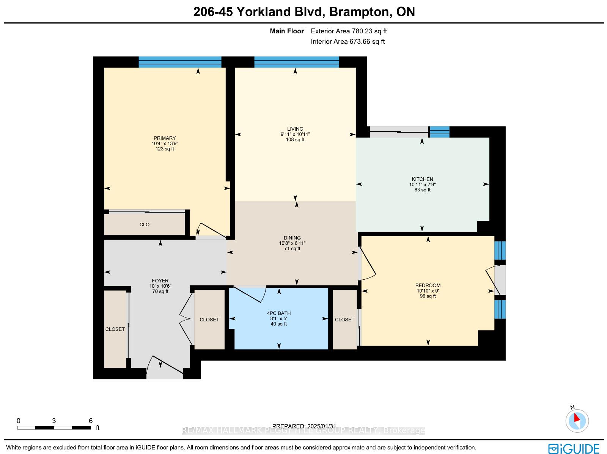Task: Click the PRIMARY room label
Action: [x=165, y=138]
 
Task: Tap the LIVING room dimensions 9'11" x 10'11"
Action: [x=295, y=134]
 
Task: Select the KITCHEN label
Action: [x=422, y=179]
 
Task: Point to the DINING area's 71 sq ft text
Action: [x=292, y=249]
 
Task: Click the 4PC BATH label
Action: [x=278, y=313]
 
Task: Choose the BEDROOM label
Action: [x=428, y=285]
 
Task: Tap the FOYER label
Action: [x=160, y=280]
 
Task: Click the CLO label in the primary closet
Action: [x=145, y=224]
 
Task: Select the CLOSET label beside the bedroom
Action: [x=344, y=319]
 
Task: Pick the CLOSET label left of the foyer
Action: [x=115, y=329]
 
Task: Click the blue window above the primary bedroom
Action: [x=180, y=62]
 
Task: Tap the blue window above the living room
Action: [x=296, y=62]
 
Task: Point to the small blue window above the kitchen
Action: [x=439, y=132]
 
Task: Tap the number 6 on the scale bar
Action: [x=90, y=421]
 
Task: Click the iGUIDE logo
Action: [x=574, y=448]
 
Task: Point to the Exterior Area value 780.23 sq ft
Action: [x=369, y=31]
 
